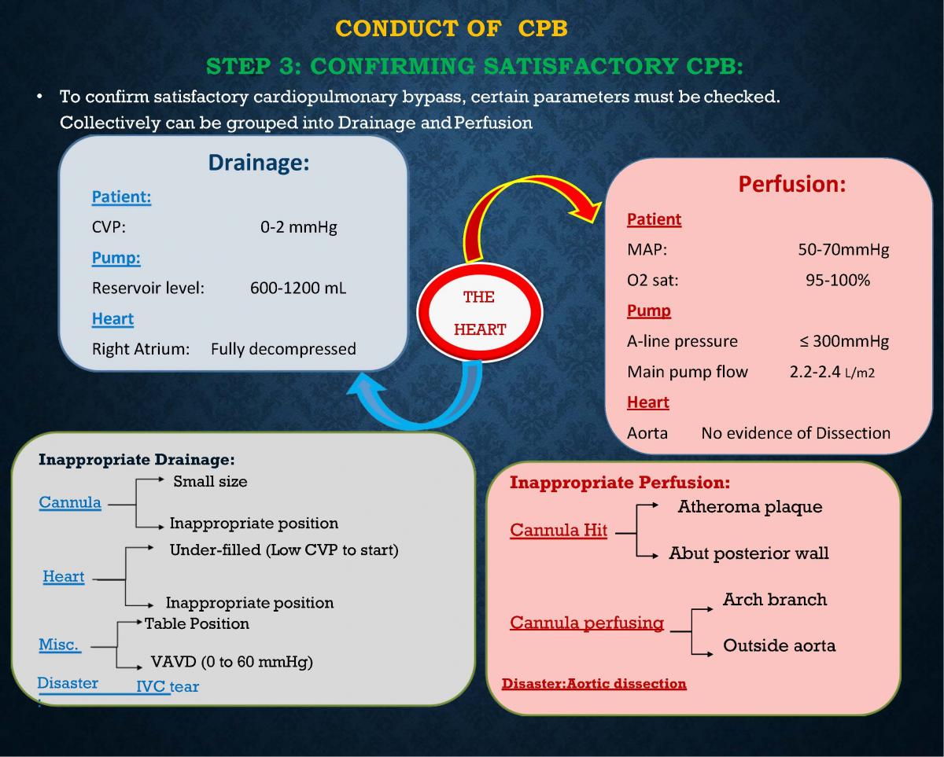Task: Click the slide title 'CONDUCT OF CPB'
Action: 452,29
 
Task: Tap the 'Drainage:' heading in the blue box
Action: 258,163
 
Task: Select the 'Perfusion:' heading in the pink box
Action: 791,184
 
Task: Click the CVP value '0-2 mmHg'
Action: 298,228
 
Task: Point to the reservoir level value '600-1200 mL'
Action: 298,288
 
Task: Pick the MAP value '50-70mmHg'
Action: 843,250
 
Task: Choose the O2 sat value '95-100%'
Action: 838,280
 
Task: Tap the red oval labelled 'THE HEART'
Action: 479,313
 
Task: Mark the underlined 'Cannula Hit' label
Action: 559,531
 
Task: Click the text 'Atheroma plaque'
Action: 750,507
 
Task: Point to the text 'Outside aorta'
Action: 779,646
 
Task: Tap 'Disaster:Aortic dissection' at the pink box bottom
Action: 594,683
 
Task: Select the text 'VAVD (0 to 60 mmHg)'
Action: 232,662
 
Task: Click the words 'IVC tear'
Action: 168,687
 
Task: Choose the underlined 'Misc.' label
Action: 59,645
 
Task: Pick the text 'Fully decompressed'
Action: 283,349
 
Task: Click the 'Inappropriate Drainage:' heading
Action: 137,460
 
